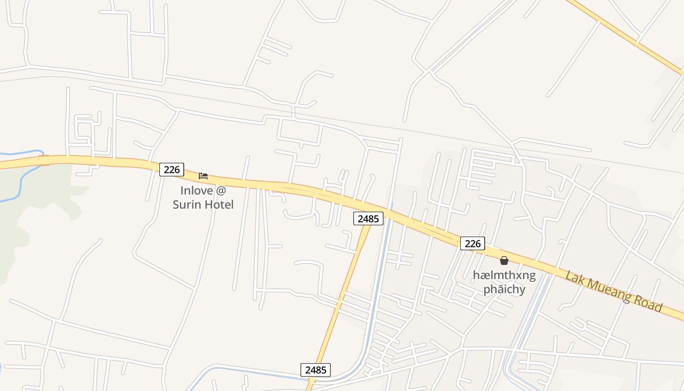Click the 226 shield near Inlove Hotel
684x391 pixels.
coord(171,170)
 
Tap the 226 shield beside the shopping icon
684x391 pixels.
coord(472,243)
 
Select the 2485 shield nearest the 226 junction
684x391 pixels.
coord(368,218)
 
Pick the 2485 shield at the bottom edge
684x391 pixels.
coord(315,370)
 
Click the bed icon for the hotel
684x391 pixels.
coord(203,175)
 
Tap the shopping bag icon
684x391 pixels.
coord(504,261)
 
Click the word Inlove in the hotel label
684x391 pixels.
coord(196,191)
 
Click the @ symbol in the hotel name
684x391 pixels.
coord(221,191)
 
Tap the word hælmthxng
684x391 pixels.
coord(504,276)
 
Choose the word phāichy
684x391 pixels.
coord(504,289)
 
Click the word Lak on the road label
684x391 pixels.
coord(576,278)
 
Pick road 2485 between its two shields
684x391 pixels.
coord(342,293)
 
